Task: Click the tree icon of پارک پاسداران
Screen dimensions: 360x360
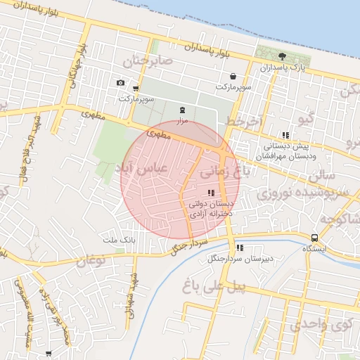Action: [282, 56]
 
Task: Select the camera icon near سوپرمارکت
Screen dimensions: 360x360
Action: [120, 83]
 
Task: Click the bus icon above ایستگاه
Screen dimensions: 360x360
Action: [314, 238]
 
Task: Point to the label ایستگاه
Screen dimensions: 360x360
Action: [314, 249]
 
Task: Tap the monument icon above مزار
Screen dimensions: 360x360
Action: [183, 110]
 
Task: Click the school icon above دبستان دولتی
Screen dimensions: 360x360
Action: [210, 193]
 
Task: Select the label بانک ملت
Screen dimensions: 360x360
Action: [118, 240]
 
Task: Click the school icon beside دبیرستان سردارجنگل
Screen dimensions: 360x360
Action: [240, 247]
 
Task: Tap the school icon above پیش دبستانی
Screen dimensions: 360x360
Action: [285, 135]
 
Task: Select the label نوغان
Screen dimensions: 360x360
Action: [90, 262]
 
